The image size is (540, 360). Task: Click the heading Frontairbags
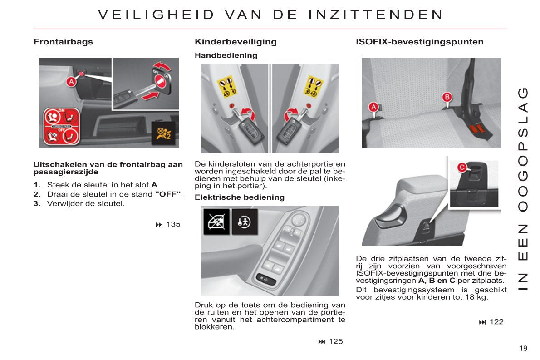pyautogui.click(x=63, y=42)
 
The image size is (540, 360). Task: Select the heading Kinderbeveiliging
pyautogui.click(x=236, y=42)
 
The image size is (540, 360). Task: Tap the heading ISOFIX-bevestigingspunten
pyautogui.click(x=419, y=42)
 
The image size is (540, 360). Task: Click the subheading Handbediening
pyautogui.click(x=226, y=55)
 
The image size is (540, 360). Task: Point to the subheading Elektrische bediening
pyautogui.click(x=239, y=197)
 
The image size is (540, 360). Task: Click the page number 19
pyautogui.click(x=524, y=348)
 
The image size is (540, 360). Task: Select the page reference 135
pyautogui.click(x=173, y=224)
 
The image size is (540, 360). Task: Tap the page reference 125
pyautogui.click(x=335, y=341)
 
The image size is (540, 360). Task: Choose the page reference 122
pyautogui.click(x=496, y=322)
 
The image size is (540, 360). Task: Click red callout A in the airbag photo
pyautogui.click(x=71, y=82)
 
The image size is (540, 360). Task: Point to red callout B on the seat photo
pyautogui.click(x=447, y=97)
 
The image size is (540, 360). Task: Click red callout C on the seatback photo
pyautogui.click(x=461, y=168)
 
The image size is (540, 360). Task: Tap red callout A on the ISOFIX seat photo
pyautogui.click(x=373, y=107)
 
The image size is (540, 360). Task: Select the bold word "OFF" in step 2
pyautogui.click(x=168, y=194)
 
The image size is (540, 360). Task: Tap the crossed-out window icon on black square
pyautogui.click(x=216, y=222)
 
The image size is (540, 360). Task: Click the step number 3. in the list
pyautogui.click(x=37, y=203)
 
